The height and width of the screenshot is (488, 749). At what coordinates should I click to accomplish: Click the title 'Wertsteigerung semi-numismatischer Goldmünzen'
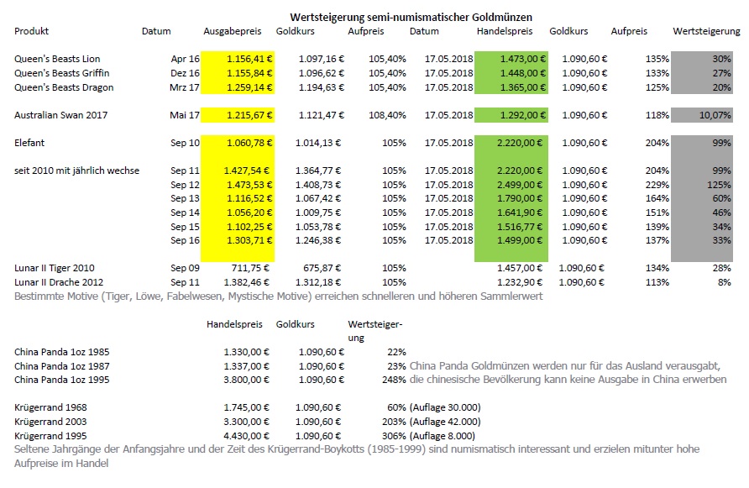point(411,17)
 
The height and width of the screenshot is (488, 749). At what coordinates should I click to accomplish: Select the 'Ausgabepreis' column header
point(233,32)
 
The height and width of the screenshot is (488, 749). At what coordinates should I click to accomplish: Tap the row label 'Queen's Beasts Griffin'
point(61,73)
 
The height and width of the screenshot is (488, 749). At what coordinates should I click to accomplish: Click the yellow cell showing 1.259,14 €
point(238,87)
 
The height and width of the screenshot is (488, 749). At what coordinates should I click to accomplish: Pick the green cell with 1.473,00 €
point(511,59)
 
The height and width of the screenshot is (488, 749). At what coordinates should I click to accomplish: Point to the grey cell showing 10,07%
point(702,115)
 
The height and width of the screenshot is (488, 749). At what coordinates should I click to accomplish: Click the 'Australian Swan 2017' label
point(60,115)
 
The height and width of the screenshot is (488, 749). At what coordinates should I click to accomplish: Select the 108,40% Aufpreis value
point(387,115)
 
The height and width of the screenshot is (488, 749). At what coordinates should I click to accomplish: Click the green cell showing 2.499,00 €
point(511,185)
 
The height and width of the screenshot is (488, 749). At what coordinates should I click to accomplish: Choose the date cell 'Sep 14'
point(185,213)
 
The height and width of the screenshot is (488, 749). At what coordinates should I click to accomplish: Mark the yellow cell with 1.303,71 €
point(238,240)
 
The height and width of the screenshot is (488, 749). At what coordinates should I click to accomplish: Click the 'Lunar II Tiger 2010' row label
point(55,268)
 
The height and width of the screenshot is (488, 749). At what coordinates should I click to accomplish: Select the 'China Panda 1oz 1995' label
point(61,380)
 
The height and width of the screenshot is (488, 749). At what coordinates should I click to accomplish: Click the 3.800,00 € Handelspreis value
point(247,380)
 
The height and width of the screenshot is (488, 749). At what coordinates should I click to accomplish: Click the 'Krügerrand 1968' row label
point(50,407)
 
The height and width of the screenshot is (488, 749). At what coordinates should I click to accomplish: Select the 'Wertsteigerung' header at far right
point(706,32)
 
